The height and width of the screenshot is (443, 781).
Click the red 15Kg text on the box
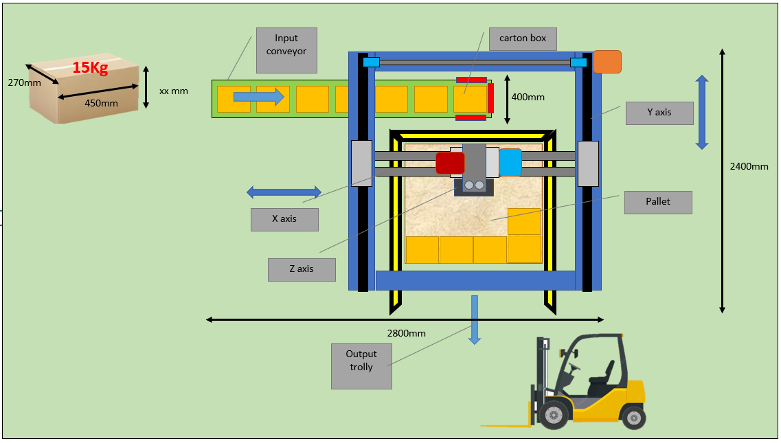[90, 68]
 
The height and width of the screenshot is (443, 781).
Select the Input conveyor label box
[286, 50]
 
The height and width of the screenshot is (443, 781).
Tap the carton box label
[523, 38]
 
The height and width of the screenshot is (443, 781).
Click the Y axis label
[659, 113]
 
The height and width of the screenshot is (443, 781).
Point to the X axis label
[284, 219]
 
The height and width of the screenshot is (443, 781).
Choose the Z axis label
[302, 269]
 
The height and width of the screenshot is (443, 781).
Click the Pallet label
[657, 203]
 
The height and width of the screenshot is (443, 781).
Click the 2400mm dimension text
[749, 166]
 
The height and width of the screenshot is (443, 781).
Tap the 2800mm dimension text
[406, 333]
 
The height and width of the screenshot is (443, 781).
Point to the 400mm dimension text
[528, 97]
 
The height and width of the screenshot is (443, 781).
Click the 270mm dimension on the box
[24, 82]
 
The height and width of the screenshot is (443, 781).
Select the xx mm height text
[173, 91]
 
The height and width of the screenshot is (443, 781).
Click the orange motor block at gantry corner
[607, 61]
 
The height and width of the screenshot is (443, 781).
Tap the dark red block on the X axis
[450, 163]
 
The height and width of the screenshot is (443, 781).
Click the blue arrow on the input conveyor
[258, 98]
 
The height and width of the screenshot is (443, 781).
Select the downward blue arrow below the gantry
[475, 319]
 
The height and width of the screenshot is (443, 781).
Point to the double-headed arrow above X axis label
[284, 192]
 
